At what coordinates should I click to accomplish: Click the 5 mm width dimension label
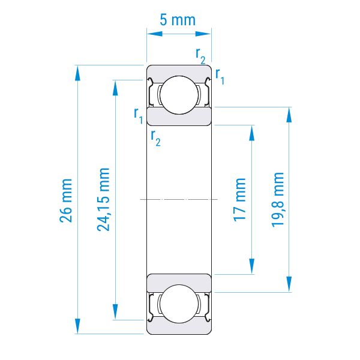178,20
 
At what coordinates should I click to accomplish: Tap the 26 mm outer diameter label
66,200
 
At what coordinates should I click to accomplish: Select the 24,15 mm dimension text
103,199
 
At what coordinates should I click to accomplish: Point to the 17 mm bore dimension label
239,200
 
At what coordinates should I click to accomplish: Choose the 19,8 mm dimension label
278,200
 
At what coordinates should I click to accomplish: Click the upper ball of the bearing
179,95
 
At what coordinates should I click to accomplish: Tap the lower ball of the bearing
179,304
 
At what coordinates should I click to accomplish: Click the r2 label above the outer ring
200,56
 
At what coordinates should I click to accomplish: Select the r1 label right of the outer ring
220,77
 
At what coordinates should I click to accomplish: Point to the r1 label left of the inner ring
139,116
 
